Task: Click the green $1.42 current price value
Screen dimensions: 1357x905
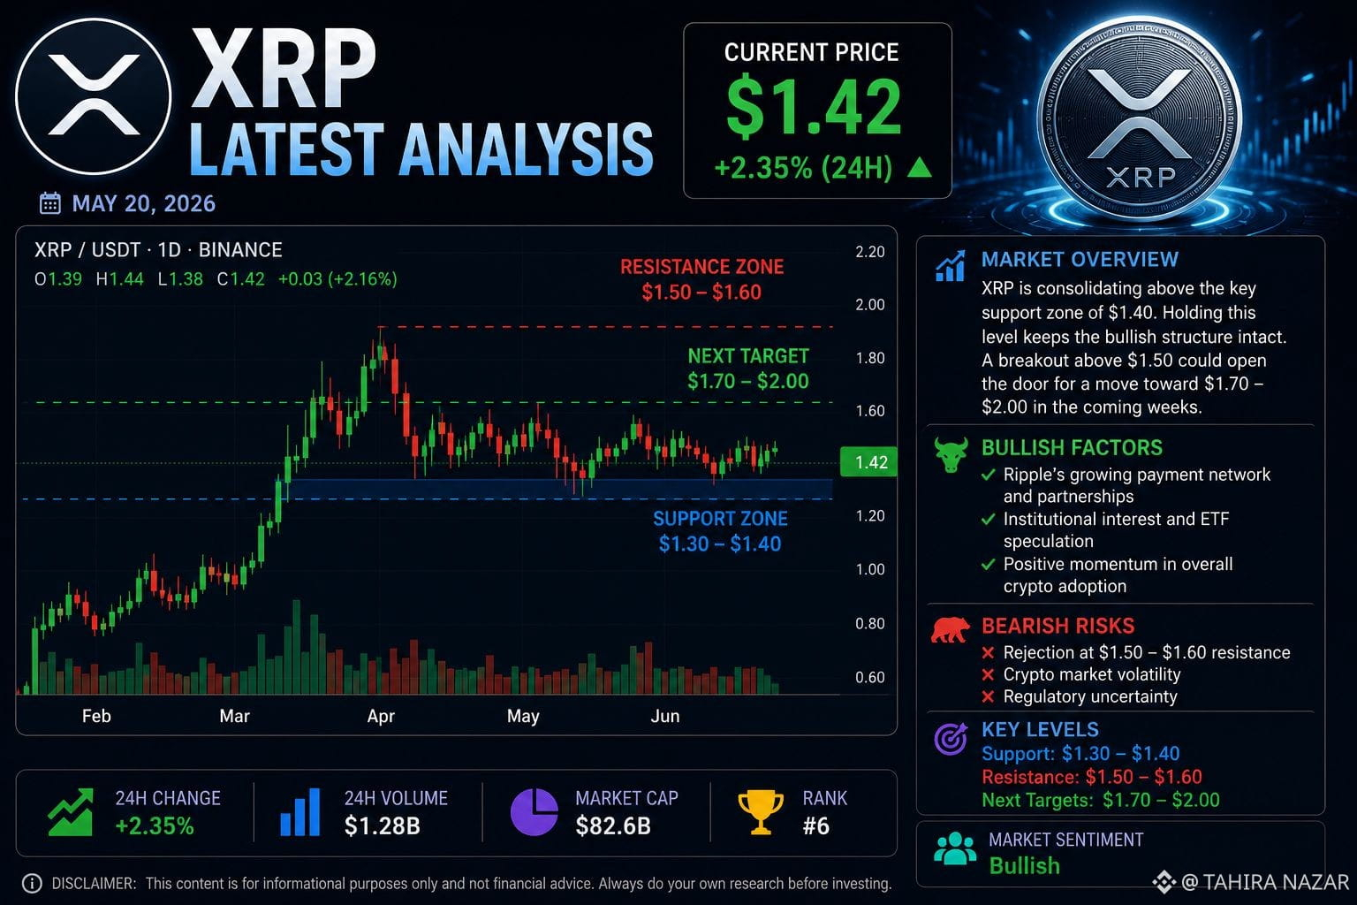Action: [814, 106]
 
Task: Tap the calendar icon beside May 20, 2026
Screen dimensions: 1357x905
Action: [49, 203]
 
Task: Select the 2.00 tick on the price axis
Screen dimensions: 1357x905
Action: [870, 304]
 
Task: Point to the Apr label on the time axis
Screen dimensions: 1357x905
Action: [381, 716]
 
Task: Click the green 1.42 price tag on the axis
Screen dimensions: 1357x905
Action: [868, 462]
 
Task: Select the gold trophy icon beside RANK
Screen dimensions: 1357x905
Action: [761, 812]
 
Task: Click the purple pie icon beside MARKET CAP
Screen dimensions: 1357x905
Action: [534, 812]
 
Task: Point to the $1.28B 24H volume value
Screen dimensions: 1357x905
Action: [383, 825]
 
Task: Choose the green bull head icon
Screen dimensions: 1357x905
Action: [951, 454]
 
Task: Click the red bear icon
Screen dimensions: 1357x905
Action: [951, 630]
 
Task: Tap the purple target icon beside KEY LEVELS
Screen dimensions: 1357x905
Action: [951, 739]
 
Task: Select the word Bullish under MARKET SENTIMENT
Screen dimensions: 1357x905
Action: [1025, 865]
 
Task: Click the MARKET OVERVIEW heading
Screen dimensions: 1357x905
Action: [1080, 260]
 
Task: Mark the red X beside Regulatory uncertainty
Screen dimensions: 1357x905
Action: [988, 697]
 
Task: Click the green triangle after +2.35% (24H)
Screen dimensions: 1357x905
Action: [920, 167]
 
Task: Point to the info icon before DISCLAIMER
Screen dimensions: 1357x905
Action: [32, 883]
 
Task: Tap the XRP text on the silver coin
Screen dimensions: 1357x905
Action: [1141, 178]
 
